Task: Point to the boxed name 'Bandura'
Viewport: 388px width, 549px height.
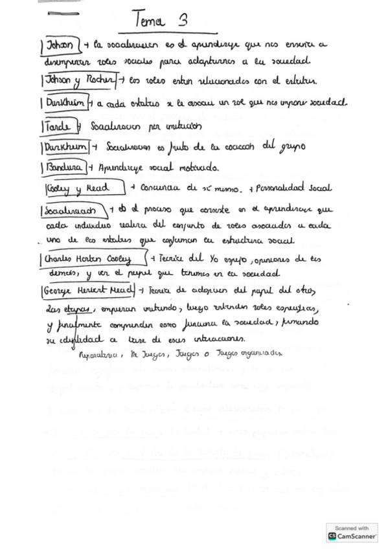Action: [x=64, y=168]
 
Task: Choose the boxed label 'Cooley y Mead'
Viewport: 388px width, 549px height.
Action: [x=84, y=188]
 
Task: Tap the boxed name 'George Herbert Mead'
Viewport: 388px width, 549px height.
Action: [x=87, y=290]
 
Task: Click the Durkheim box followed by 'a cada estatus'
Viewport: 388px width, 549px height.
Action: [x=65, y=104]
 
